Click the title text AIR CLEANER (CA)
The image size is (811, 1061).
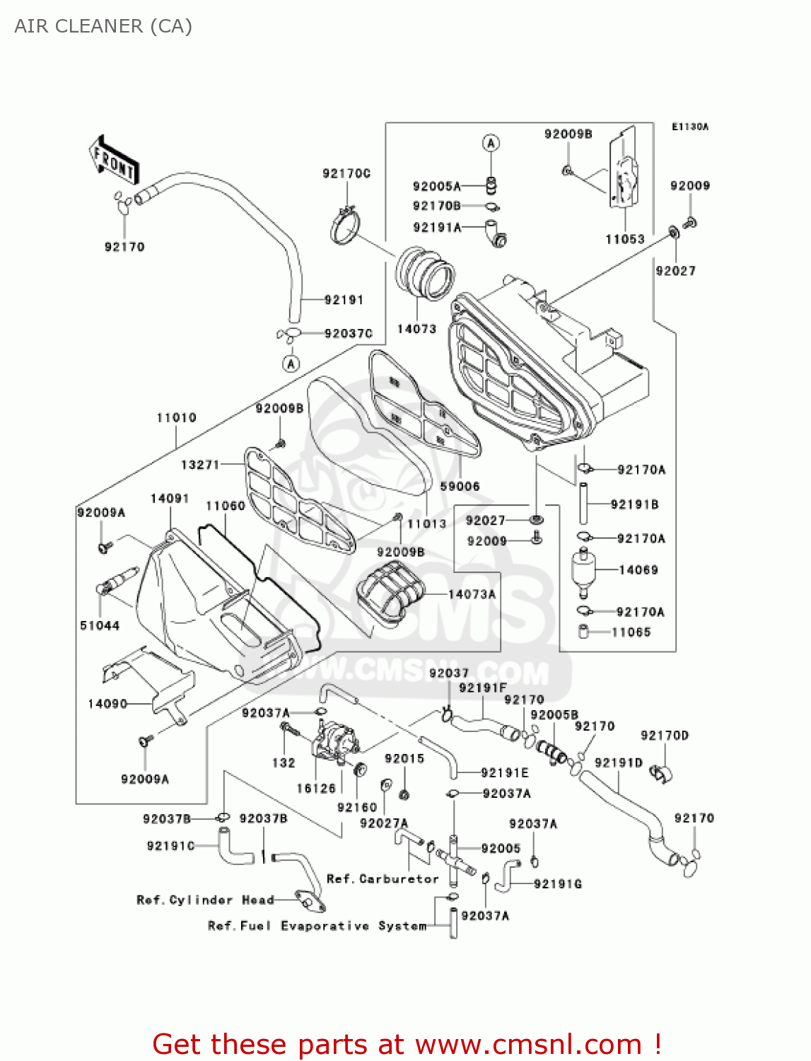pos(103,26)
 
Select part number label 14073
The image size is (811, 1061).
pos(416,329)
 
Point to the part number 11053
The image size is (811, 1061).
pos(625,239)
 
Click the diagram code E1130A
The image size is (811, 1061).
pos(689,127)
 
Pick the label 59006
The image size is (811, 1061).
pos(460,487)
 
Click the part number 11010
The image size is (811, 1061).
pos(176,418)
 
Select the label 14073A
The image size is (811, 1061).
pos(472,594)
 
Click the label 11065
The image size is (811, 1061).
pos(631,632)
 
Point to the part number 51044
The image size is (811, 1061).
pos(100,625)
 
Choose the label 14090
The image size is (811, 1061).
pos(107,704)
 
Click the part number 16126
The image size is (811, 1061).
pos(316,789)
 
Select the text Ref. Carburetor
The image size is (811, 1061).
pos(383,879)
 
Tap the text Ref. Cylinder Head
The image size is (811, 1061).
pos(205,900)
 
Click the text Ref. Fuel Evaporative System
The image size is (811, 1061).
pos(317,926)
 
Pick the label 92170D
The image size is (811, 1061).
pos(664,736)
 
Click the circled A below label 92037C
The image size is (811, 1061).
pos(291,364)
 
